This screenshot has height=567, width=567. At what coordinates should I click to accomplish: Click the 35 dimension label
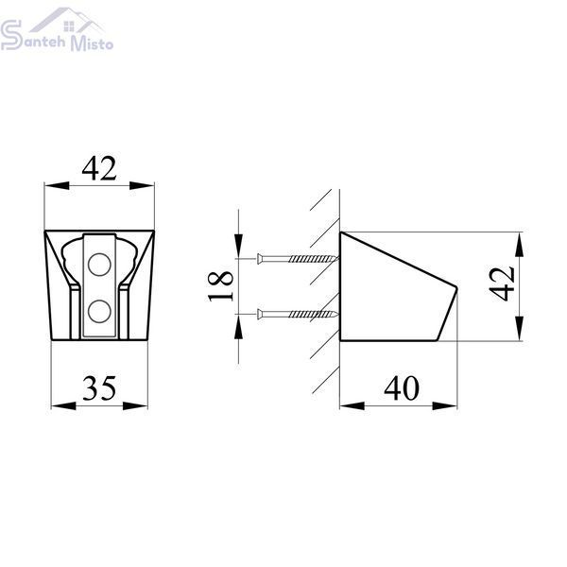tap(99, 388)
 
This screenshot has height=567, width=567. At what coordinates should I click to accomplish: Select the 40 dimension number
tap(402, 388)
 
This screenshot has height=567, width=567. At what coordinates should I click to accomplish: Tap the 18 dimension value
tap(220, 286)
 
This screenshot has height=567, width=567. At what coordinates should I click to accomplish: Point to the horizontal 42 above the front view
tap(99, 168)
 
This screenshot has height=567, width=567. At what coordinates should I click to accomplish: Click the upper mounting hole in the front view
tap(99, 265)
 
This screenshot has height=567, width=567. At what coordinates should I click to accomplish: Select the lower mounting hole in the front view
tap(99, 311)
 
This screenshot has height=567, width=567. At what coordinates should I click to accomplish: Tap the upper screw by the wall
tap(298, 259)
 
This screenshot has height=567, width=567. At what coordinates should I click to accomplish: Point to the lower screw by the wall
tap(298, 315)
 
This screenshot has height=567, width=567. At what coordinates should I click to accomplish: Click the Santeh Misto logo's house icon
tap(67, 20)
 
